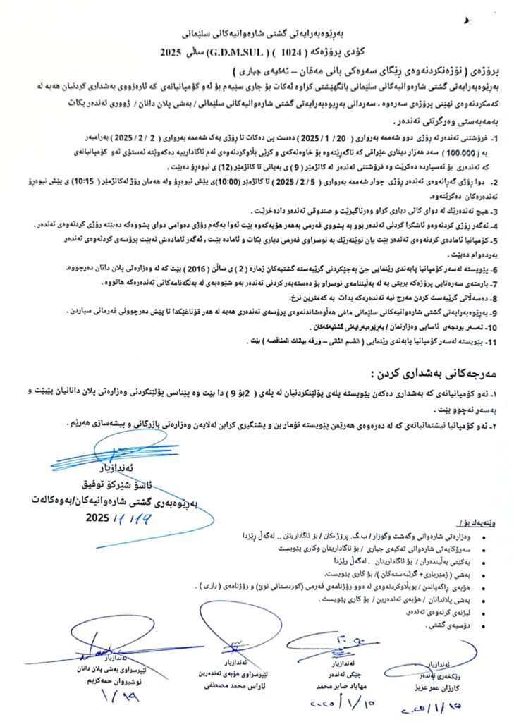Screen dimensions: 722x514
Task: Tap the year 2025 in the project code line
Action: (x=172, y=53)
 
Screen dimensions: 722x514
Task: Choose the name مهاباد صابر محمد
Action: (x=338, y=684)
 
